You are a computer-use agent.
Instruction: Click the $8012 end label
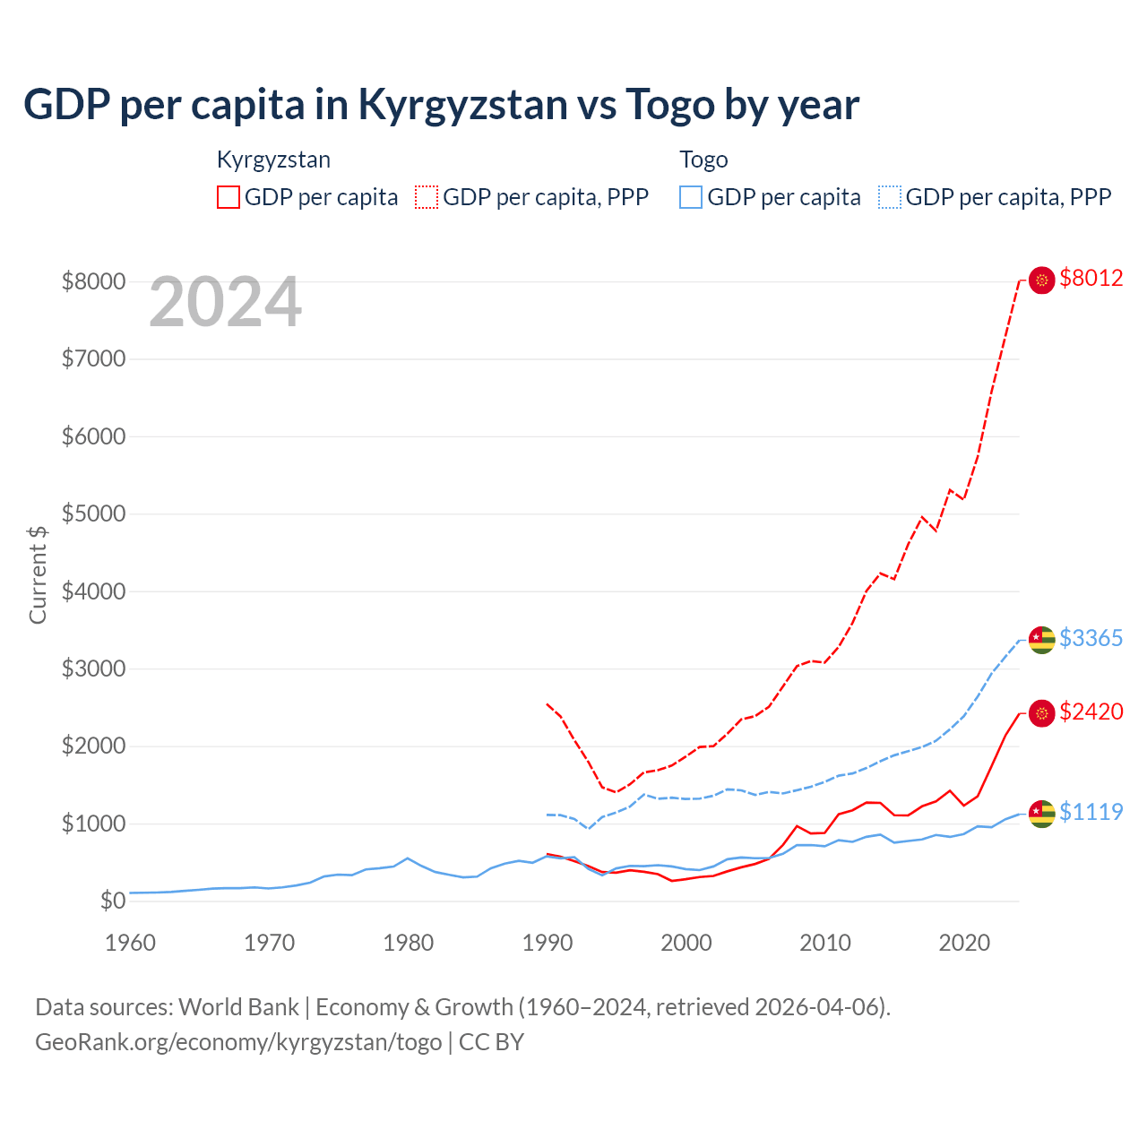tap(1091, 279)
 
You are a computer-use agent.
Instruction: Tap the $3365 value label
tap(1091, 639)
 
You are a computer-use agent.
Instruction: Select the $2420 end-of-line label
tap(1091, 712)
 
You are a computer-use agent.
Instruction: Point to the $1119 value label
tap(1091, 813)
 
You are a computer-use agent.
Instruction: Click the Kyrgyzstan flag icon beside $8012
tap(1041, 280)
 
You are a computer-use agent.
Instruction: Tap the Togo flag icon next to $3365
tap(1041, 640)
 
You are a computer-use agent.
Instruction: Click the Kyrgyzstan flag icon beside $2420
tap(1041, 713)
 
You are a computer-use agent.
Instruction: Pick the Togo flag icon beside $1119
tap(1041, 814)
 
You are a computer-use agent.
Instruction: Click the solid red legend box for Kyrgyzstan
tap(229, 197)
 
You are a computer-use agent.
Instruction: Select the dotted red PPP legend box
tap(427, 197)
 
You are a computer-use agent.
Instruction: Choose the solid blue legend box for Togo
tap(691, 197)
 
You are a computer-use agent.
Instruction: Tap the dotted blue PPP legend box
tap(890, 197)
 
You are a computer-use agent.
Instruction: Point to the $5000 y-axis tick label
tap(93, 514)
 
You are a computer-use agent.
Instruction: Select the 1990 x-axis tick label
tap(548, 943)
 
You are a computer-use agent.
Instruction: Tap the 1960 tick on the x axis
tap(131, 943)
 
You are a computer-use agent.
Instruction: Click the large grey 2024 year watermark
tap(225, 302)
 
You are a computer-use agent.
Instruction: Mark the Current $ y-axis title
tap(38, 574)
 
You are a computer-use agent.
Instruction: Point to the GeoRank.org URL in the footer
tap(238, 1042)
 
